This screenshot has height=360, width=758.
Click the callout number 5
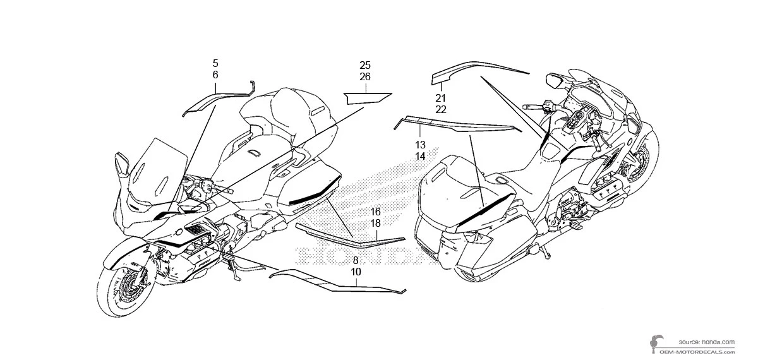pyautogui.click(x=215, y=63)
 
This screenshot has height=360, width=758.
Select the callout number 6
pyautogui.click(x=215, y=75)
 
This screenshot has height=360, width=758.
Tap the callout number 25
pyautogui.click(x=365, y=65)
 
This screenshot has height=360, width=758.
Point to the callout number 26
pyautogui.click(x=365, y=76)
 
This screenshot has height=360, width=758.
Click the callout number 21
pyautogui.click(x=440, y=98)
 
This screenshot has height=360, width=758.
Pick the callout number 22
pyautogui.click(x=440, y=109)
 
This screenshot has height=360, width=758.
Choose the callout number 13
pyautogui.click(x=421, y=144)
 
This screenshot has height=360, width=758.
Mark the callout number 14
pyautogui.click(x=421, y=155)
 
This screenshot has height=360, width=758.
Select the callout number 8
pyautogui.click(x=356, y=260)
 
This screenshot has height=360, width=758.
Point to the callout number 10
pyautogui.click(x=356, y=272)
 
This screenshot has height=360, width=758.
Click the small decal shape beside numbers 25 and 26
pyautogui.click(x=366, y=97)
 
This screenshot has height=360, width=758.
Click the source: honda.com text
pyautogui.click(x=707, y=340)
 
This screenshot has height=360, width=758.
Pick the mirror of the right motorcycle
pyautogui.click(x=557, y=81)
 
